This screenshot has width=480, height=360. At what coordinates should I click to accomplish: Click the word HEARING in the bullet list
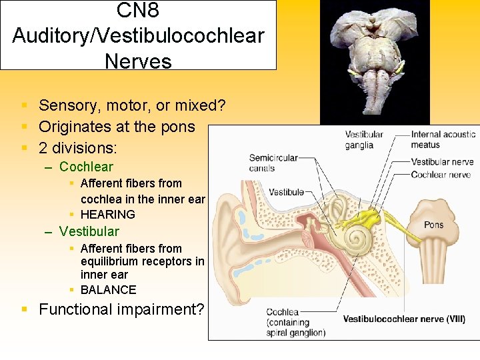coord(107,214)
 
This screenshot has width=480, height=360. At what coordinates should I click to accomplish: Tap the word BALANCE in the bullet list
coord(108,289)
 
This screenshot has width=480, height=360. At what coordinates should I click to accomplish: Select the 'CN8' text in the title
coord(138,11)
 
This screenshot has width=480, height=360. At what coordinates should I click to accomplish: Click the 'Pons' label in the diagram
coord(433,225)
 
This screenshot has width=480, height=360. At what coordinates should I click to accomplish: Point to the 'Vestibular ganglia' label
coord(364,139)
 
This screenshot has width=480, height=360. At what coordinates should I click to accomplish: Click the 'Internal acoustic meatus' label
coord(443,139)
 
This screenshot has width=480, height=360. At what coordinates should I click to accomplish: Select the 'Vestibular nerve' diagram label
coord(442,162)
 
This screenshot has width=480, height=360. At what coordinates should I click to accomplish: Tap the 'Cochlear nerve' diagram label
coord(440,175)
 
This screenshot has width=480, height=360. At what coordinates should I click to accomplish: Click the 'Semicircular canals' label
coord(273,163)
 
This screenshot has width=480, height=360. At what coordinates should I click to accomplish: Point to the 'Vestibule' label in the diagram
coord(287,192)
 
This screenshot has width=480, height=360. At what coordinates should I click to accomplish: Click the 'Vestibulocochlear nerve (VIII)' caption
coord(404,319)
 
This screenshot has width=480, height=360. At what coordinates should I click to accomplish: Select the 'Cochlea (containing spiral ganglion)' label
coord(295,322)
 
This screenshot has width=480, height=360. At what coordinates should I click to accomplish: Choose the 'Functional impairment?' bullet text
coord(121,309)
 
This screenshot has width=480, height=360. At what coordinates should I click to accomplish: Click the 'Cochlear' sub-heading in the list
coord(86,167)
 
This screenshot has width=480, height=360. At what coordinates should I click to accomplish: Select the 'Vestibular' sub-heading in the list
coord(89,231)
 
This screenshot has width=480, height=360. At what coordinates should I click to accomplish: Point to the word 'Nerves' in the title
coord(138,61)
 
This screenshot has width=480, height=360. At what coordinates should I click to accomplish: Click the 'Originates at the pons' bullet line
coord(117,127)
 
